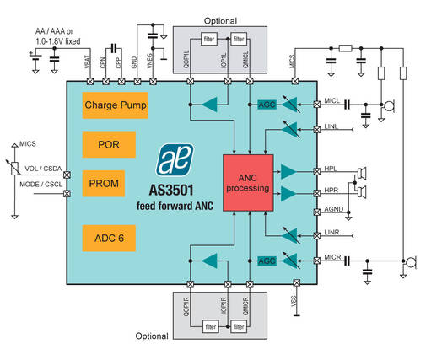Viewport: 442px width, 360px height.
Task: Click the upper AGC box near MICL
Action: [267, 104]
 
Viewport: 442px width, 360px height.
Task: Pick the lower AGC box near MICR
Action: [267, 261]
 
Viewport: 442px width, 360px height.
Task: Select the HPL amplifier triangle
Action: [288, 171]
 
